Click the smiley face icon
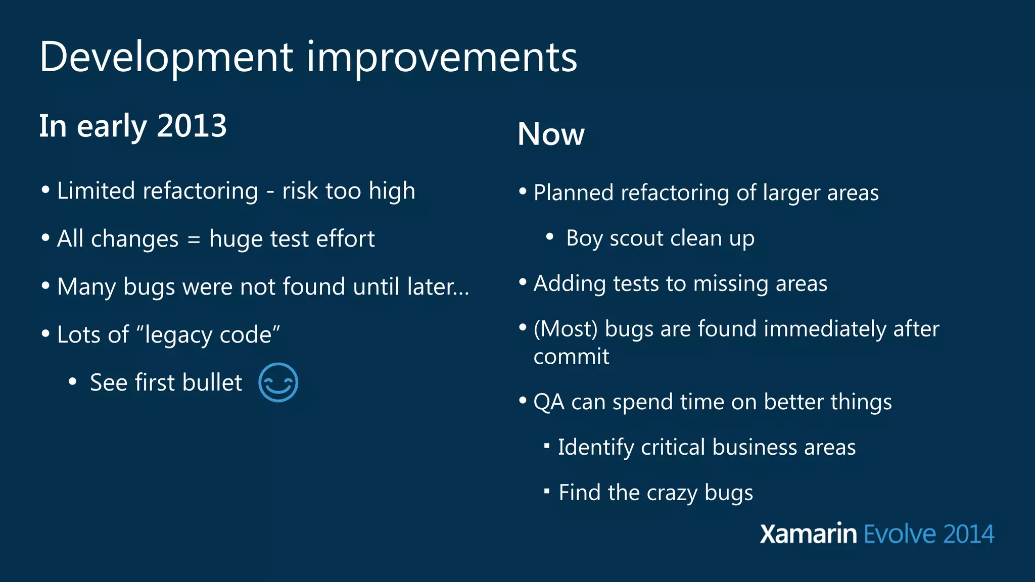click(278, 382)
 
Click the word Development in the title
click(166, 57)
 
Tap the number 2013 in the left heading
click(192, 126)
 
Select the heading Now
click(551, 134)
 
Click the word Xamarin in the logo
click(808, 534)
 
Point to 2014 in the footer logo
click(968, 534)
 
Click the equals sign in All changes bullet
click(194, 239)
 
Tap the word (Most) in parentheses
click(566, 329)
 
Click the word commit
click(571, 357)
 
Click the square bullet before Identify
click(546, 446)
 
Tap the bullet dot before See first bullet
click(73, 382)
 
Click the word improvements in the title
click(442, 57)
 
